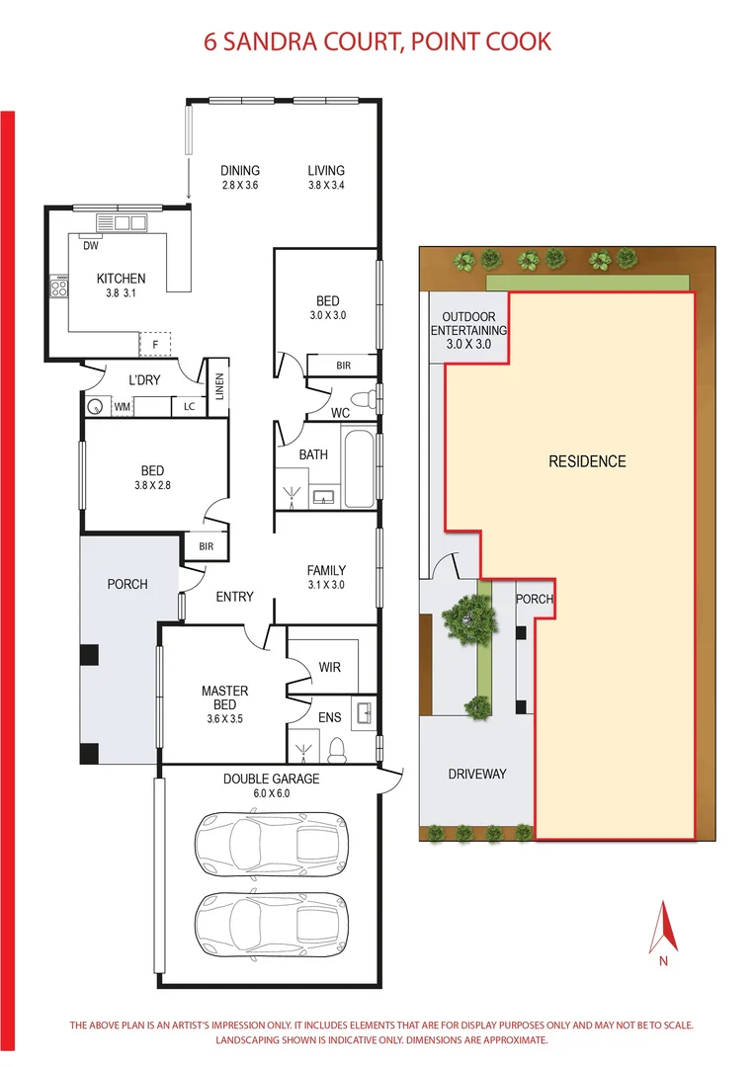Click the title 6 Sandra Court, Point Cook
(377, 41)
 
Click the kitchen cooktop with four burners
(59, 289)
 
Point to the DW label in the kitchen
(91, 246)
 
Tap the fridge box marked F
(154, 344)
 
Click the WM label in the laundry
(122, 406)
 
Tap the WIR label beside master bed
(329, 668)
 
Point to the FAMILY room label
(326, 570)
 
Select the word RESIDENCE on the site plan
(587, 461)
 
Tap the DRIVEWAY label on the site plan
(476, 774)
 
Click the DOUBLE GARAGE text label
(271, 779)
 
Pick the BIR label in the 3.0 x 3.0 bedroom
(343, 366)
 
